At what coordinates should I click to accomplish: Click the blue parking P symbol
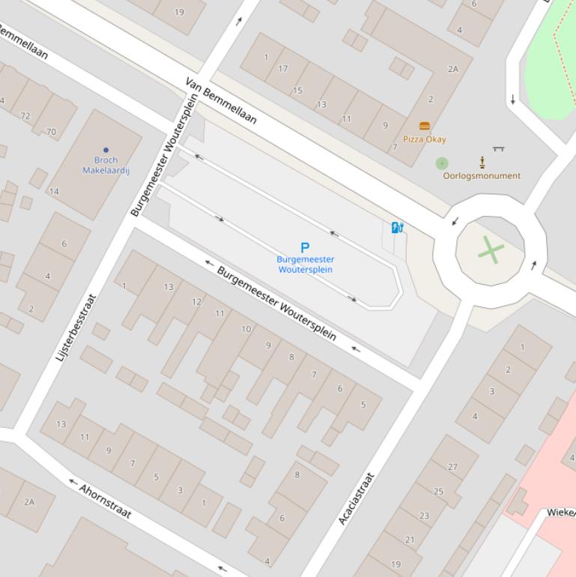click(x=305, y=247)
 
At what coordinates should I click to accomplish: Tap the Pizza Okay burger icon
click(x=425, y=126)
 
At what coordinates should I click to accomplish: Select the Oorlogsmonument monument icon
click(x=482, y=162)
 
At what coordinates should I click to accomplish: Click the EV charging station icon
click(x=397, y=227)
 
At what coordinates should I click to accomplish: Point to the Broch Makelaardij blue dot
click(x=106, y=150)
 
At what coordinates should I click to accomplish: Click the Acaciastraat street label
click(x=355, y=498)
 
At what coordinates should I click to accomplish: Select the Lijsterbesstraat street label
click(x=76, y=328)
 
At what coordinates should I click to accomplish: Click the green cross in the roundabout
click(x=490, y=250)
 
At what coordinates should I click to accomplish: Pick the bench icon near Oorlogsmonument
click(x=498, y=149)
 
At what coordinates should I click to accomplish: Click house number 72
click(x=26, y=116)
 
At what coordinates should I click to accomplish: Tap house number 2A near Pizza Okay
click(x=452, y=69)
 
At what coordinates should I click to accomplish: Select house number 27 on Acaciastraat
click(x=452, y=466)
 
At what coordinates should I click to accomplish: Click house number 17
click(x=282, y=69)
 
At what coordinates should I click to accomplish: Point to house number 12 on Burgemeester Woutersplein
click(x=196, y=302)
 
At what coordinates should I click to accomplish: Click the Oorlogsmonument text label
click(x=482, y=176)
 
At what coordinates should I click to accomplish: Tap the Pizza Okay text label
click(x=425, y=139)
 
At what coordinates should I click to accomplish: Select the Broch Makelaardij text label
click(x=106, y=165)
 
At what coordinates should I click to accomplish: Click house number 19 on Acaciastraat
click(x=395, y=564)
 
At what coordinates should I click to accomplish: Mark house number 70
click(x=51, y=132)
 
